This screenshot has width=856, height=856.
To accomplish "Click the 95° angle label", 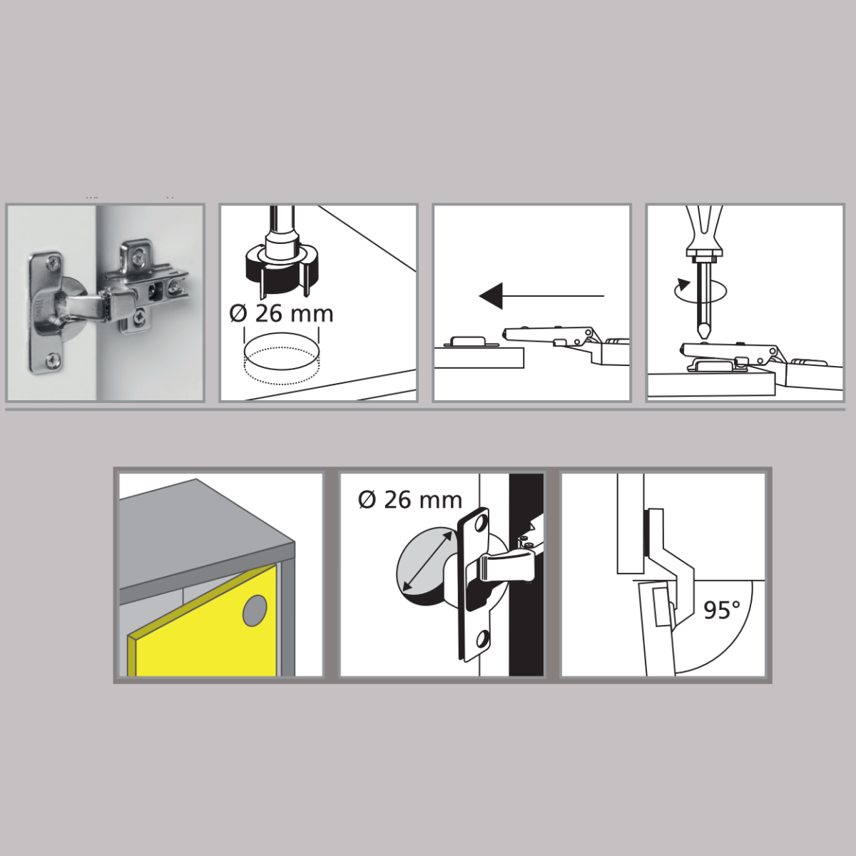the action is pos(723,610).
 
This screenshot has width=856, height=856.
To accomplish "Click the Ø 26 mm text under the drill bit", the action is pos(281,314).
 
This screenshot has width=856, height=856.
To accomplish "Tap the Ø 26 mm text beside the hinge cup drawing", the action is pos(410,500).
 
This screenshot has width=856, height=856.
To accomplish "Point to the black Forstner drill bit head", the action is pos(282,269).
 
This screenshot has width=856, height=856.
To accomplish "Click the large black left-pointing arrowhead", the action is pos(491,295).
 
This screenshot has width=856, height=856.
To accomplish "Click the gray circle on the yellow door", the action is pos(255,611).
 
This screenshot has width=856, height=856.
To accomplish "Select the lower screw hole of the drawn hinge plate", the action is pos(481,640).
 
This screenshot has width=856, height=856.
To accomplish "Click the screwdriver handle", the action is pos(705,229).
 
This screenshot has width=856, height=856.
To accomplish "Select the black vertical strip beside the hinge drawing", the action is pos(526,575).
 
